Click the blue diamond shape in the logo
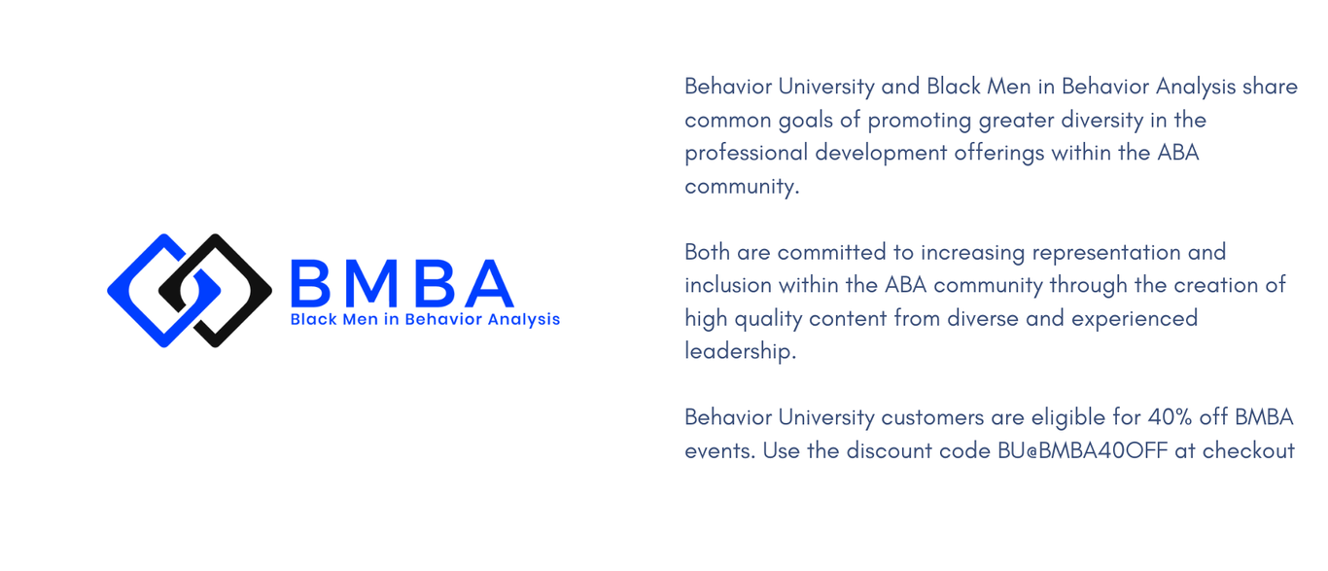click(127, 291)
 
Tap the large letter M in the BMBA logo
click(371, 283)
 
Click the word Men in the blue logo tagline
click(360, 319)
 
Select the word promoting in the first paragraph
click(920, 121)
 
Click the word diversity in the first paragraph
click(1102, 121)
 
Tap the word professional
click(746, 154)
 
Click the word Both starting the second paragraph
click(708, 252)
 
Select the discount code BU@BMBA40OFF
click(1083, 450)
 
